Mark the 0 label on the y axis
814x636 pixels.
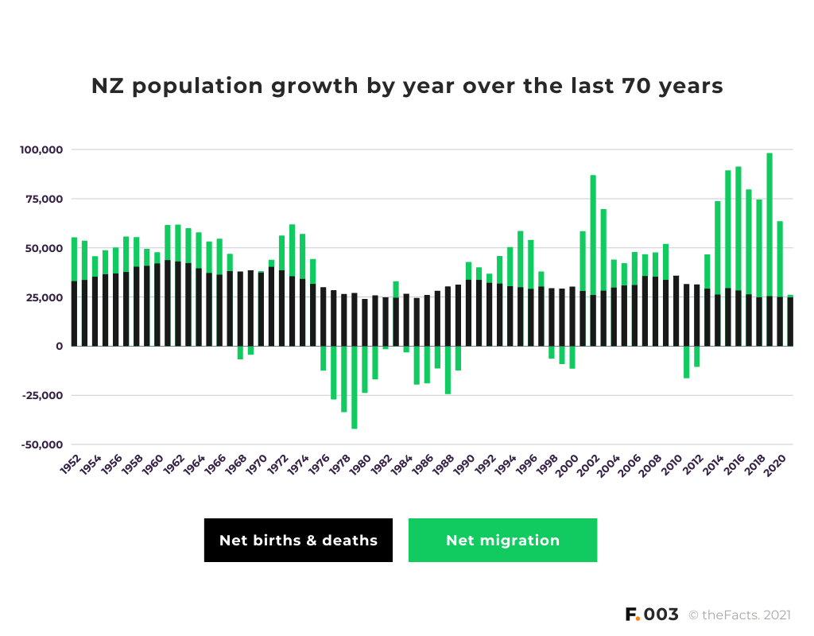click(x=60, y=347)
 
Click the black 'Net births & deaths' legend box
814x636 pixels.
click(x=298, y=541)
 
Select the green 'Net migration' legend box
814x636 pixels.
click(x=502, y=541)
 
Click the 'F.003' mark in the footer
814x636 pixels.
click(x=652, y=615)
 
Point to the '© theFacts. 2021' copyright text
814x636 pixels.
click(x=739, y=615)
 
